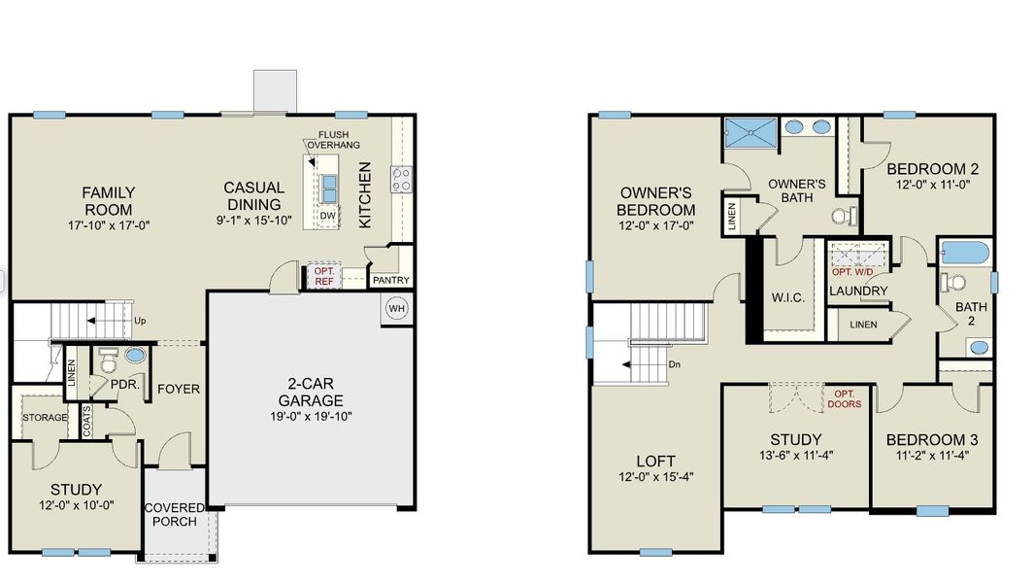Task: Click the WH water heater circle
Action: click(x=397, y=309)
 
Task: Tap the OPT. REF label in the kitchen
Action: click(x=322, y=276)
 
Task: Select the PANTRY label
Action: click(x=391, y=281)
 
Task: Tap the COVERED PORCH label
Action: click(x=175, y=514)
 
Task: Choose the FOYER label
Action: click(x=179, y=390)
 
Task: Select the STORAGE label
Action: click(x=46, y=418)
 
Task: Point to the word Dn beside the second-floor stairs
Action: click(x=676, y=364)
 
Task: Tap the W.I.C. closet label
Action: click(x=786, y=297)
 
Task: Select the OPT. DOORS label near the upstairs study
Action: click(x=844, y=398)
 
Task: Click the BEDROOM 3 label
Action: click(x=932, y=440)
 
